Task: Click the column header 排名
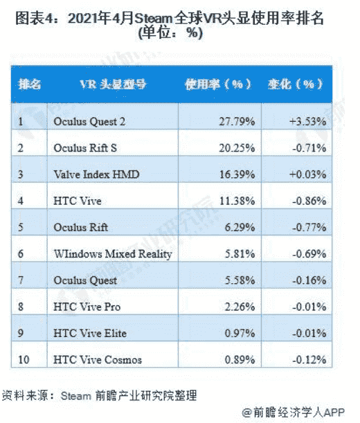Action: coord(29,84)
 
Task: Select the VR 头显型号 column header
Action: coord(113,84)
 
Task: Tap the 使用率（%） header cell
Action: coord(218,84)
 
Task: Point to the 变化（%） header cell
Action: coord(295,84)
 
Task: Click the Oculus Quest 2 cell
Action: coord(89,122)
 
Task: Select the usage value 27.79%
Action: coord(237,122)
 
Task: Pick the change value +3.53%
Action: coord(307,122)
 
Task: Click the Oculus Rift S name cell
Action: coord(85,148)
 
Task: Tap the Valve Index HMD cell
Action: coord(96,174)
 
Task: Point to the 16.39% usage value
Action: coord(237,174)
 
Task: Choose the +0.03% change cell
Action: coord(307,174)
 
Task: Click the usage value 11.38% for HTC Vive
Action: coord(237,201)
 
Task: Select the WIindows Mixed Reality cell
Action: coord(113,254)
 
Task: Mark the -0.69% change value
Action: coord(309,254)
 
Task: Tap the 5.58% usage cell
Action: coord(240,280)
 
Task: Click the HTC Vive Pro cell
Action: coord(87,307)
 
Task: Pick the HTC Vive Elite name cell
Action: coord(90,333)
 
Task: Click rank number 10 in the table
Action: coord(24,359)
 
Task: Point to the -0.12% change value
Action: coord(309,359)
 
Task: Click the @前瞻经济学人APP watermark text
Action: coord(294,413)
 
